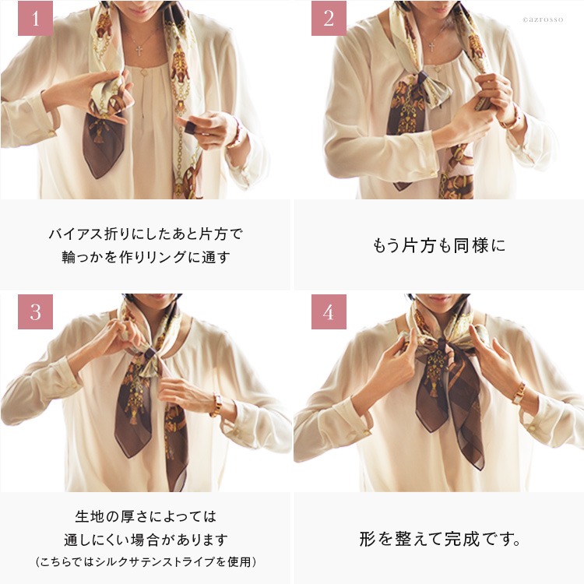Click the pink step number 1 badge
click(35, 18)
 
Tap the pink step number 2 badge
click(329, 18)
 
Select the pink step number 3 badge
click(35, 311)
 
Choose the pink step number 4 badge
click(329, 311)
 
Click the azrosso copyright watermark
click(543, 19)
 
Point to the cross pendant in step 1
click(139, 51)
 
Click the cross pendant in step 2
click(431, 47)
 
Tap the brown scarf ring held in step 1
click(190, 128)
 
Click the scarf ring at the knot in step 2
click(422, 78)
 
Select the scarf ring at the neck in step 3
click(150, 354)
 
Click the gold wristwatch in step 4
click(519, 393)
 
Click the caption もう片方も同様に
click(439, 246)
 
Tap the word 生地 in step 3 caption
click(90, 516)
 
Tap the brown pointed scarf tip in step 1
click(97, 176)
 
